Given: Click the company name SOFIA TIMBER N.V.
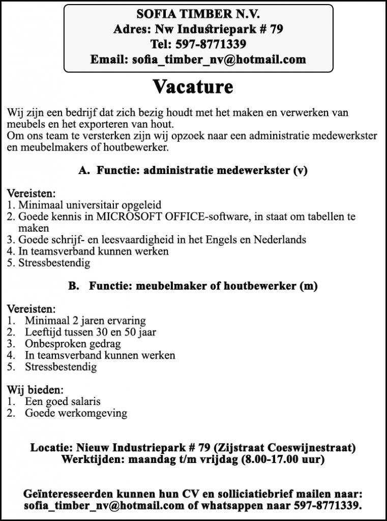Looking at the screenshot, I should point(198,14).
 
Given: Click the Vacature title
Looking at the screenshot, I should point(193,88).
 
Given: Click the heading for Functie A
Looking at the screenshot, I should point(193,171).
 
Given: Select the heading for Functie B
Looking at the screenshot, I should point(193,286).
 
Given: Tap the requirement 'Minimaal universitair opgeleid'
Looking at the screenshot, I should point(90,205).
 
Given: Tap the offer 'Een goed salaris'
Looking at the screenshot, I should point(63,402).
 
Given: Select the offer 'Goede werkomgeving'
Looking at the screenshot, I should point(76,413).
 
